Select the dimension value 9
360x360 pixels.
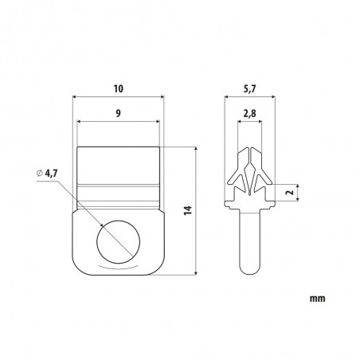coord(118,113)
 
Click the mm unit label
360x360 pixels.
coord(317,299)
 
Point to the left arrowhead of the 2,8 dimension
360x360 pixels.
coord(241,123)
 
